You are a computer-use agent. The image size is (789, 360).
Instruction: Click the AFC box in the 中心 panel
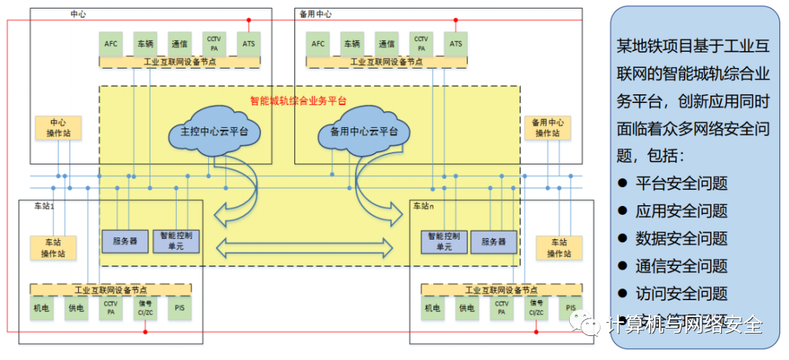click(x=110, y=44)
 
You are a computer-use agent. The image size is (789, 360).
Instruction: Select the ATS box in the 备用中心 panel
click(x=456, y=44)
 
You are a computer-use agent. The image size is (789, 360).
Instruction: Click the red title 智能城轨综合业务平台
click(x=298, y=101)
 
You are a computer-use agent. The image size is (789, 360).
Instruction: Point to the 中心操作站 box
click(x=58, y=128)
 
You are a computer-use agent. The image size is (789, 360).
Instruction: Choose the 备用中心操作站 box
click(x=547, y=128)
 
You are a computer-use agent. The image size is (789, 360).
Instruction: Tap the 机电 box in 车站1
click(x=42, y=309)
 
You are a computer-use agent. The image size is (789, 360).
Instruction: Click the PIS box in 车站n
click(x=571, y=309)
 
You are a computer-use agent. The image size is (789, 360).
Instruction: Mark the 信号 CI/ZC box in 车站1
click(x=145, y=309)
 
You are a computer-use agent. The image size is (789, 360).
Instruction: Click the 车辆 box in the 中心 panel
click(x=145, y=44)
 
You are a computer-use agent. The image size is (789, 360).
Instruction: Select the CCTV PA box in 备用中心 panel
click(x=421, y=44)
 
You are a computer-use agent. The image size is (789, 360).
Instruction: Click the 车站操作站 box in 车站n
click(x=559, y=248)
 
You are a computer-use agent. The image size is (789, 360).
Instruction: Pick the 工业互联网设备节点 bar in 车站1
click(x=111, y=290)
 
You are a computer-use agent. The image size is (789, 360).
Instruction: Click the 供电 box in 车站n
click(x=467, y=309)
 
